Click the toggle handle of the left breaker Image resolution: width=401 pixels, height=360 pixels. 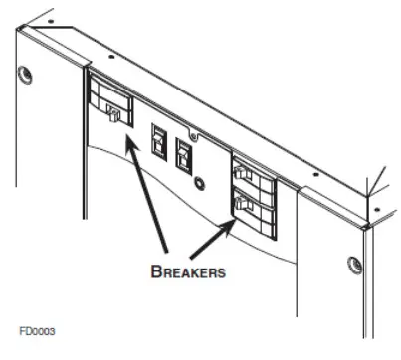point(112,116)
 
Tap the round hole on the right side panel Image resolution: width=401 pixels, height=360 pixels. point(352,265)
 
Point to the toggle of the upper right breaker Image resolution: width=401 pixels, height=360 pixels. point(242,173)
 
